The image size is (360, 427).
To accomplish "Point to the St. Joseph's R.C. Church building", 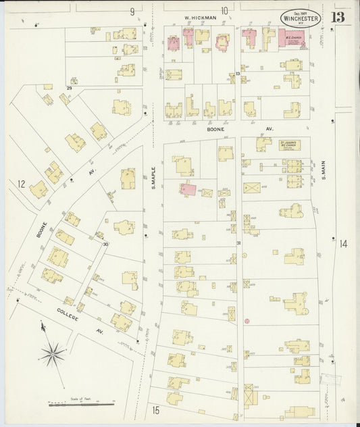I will [290, 145].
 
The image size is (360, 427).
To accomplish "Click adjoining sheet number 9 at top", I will [132, 11].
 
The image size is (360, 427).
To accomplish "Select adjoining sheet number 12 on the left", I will [22, 183].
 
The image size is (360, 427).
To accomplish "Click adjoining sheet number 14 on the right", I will [343, 244].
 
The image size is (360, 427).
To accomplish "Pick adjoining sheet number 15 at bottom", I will [155, 409].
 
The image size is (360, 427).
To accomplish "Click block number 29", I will [69, 89].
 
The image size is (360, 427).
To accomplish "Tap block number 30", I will [105, 245].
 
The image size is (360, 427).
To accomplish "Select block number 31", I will [238, 243].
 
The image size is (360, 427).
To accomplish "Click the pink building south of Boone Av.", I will [188, 191].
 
